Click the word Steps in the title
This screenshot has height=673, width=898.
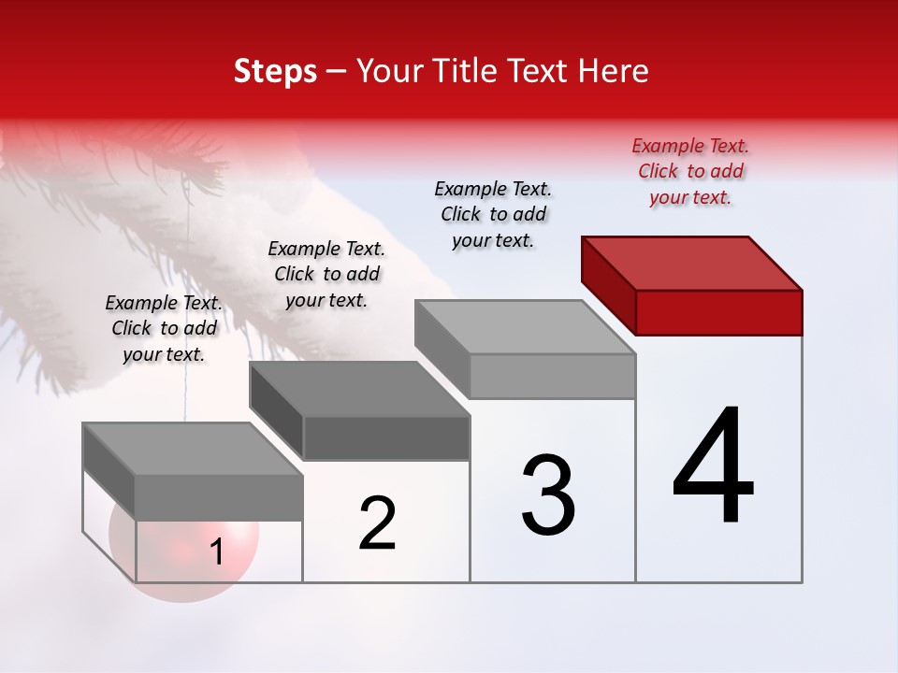coord(275,71)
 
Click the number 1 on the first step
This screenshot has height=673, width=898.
coord(216,552)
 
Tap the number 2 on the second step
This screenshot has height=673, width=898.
coord(377,523)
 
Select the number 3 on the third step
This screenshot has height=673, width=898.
coord(548,494)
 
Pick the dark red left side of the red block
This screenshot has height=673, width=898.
coord(608,285)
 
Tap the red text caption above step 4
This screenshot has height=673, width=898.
coord(690,171)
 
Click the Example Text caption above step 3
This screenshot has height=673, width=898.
coord(493,214)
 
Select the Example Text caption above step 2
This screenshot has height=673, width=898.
coord(326,274)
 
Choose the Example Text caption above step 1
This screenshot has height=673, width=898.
coord(164,328)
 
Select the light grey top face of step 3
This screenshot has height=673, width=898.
coord(525,326)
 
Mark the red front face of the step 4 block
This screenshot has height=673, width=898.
coord(718,312)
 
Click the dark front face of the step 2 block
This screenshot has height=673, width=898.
coord(386,438)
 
